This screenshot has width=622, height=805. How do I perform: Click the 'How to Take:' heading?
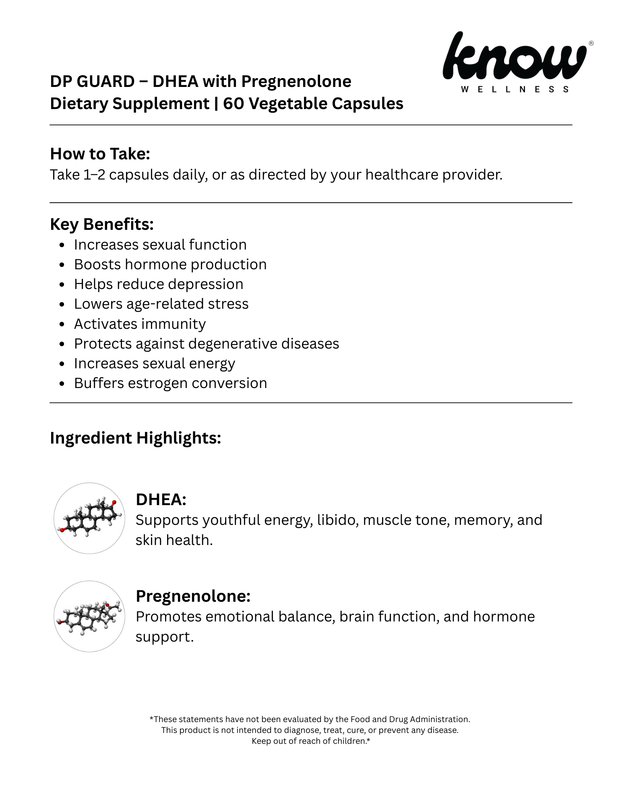click(100, 154)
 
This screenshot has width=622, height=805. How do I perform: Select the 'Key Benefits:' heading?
click(101, 224)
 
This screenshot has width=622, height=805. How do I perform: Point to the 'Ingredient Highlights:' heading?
click(135, 438)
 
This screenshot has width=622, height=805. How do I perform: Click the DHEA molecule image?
click(89, 518)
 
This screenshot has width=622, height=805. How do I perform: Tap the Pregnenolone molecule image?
click(89, 616)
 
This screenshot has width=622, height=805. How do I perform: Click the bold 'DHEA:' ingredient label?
click(161, 500)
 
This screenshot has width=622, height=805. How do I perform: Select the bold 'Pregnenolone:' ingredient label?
click(193, 596)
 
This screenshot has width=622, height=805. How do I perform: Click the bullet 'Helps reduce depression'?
click(158, 284)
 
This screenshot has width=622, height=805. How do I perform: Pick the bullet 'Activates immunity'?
click(140, 324)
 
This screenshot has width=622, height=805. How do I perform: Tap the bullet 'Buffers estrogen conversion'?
click(170, 383)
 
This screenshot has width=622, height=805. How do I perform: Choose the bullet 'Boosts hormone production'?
click(170, 264)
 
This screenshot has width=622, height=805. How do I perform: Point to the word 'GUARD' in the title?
click(105, 82)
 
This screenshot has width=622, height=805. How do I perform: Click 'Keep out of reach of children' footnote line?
click(310, 741)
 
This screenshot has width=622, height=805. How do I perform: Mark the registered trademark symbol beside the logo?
click(591, 43)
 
